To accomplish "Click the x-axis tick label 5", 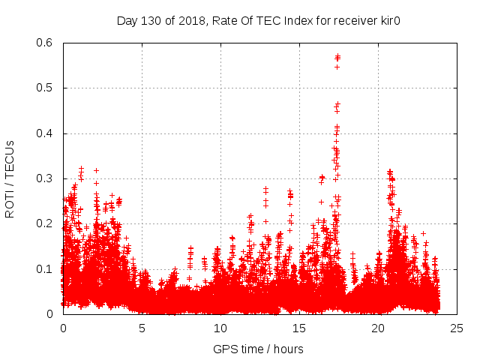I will coord(142,328).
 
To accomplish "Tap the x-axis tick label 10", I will coord(220,328).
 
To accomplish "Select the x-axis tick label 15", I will coord(299,328).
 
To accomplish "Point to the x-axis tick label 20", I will coord(378,328).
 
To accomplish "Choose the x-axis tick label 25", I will coord(457,328).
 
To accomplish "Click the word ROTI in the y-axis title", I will coord(10,205).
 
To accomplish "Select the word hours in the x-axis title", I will coord(289,349).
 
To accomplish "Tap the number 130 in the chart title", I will coord(149,20).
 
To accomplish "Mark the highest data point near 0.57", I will coord(337,55).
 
